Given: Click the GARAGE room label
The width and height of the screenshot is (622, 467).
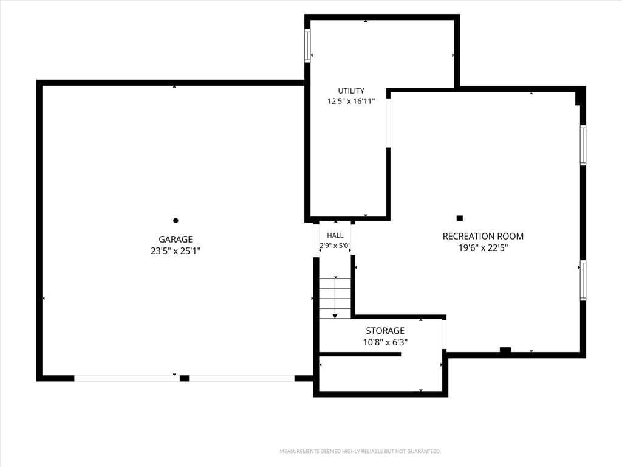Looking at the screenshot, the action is pos(176,239).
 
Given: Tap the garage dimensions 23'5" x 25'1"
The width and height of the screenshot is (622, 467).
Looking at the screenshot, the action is pos(176,251).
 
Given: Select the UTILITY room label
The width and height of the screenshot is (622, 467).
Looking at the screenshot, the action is pos(351,91).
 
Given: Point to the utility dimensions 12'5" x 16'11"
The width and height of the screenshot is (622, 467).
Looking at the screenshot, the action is pos(351,102).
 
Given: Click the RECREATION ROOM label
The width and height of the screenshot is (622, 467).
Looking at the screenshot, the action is pos(483,237).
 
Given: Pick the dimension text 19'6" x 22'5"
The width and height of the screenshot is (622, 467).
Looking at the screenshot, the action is pos(483,248).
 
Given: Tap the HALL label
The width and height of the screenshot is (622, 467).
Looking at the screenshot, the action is pos(335,235).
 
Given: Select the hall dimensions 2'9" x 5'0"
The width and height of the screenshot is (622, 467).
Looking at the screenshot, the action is pos(335,246).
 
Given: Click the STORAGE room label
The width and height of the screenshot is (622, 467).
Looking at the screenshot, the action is pos(385,331).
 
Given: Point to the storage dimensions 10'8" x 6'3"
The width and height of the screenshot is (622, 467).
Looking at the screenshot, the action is pos(385,342).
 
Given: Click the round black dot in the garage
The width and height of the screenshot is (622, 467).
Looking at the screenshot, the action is pos(176,220).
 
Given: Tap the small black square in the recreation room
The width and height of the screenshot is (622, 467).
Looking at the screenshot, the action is pos(460,218).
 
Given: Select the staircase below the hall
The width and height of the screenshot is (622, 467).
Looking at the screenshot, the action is pos(335,298).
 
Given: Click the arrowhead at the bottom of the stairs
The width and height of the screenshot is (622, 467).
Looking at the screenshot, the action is pos(335,316).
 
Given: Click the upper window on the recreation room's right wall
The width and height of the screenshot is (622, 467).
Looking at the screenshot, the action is pos(583,145).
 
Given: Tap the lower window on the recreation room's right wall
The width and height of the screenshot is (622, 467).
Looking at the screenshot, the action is pos(583,280).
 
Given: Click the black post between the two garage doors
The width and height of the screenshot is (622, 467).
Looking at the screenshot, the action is pos(184,378).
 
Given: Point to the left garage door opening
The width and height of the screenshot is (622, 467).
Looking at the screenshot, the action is pos(127,378).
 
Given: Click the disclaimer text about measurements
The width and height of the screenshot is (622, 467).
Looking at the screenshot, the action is pos(360,452).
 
